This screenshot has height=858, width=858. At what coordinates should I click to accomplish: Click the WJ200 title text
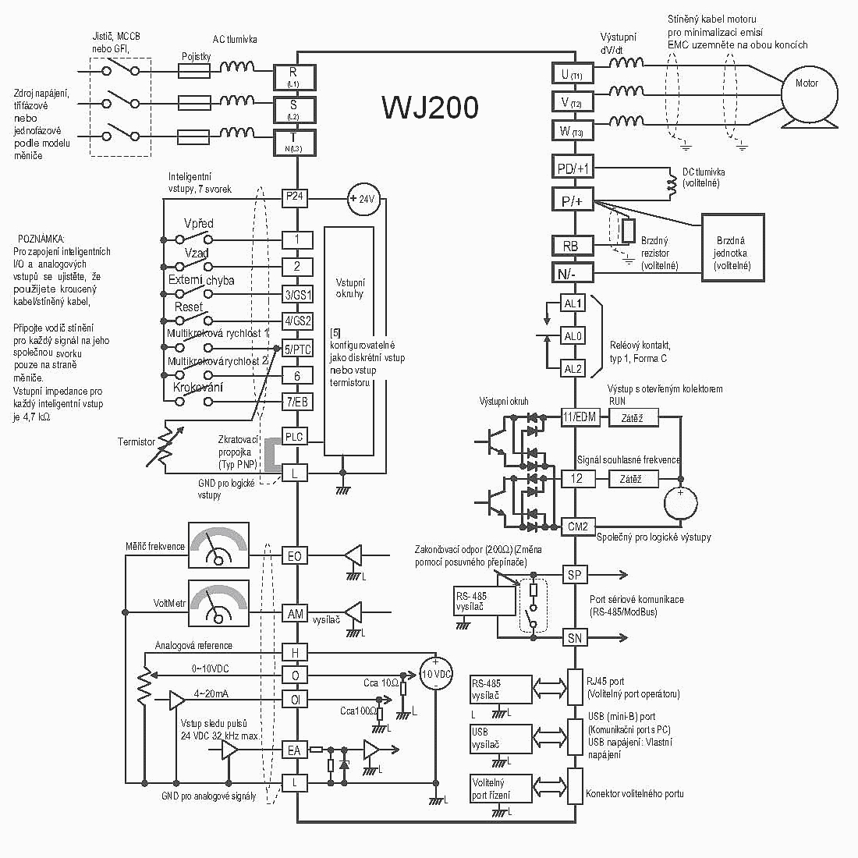point(430,108)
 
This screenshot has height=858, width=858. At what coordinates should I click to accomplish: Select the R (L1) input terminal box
point(293,76)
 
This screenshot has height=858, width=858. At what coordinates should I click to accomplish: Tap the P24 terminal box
point(294,197)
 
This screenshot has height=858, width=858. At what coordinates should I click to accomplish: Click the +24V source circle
point(361,199)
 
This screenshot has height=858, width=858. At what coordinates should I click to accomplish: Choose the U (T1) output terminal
point(573,74)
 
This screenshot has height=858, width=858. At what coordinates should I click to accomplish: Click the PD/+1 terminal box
point(573,168)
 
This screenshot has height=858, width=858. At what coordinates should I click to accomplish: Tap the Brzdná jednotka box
point(732,246)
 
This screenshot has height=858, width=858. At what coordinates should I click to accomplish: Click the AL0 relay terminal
point(573,336)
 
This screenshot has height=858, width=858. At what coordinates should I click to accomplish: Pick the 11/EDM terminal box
point(579,417)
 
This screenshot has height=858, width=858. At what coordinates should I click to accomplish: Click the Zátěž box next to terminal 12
point(630,478)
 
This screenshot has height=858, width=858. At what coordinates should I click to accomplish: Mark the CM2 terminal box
point(577,526)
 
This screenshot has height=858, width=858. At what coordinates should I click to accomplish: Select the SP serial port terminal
point(575,575)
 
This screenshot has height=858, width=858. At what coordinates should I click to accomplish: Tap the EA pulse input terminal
point(294,750)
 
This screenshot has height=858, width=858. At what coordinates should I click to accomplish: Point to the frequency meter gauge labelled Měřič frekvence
point(218,544)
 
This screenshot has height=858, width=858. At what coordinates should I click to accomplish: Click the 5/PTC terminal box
point(296,349)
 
